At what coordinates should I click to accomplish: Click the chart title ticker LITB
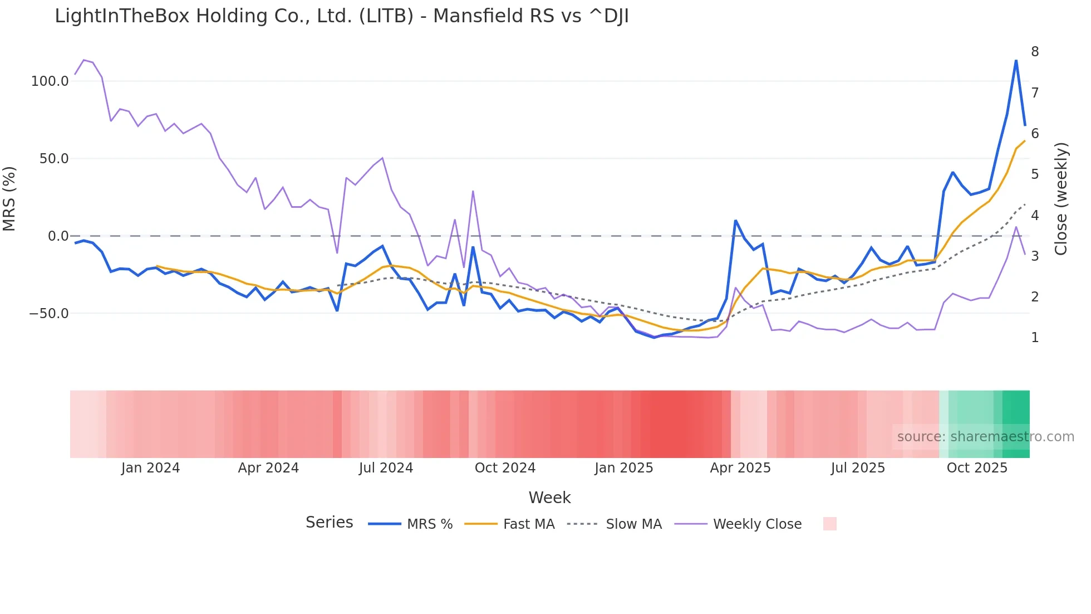(x=386, y=16)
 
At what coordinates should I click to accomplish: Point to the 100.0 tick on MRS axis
(x=50, y=81)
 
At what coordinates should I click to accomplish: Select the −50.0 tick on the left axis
(x=49, y=314)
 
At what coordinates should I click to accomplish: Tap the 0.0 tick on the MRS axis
(x=58, y=236)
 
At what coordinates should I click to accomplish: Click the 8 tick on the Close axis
(x=1035, y=52)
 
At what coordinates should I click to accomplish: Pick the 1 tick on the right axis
(x=1035, y=338)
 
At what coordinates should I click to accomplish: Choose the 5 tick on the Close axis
(x=1035, y=174)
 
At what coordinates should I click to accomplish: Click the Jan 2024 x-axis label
(x=150, y=468)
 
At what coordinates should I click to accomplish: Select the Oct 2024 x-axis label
(x=505, y=468)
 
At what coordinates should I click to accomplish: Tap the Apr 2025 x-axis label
(x=740, y=468)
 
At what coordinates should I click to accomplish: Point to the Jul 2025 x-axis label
(x=858, y=468)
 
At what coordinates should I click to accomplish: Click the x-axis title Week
(x=549, y=498)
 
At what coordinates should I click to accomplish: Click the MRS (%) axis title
(x=9, y=198)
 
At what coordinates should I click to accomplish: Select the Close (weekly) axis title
(x=1061, y=199)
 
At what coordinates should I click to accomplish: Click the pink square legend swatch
(x=829, y=524)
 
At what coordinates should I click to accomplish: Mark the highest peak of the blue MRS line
(x=1016, y=60)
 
